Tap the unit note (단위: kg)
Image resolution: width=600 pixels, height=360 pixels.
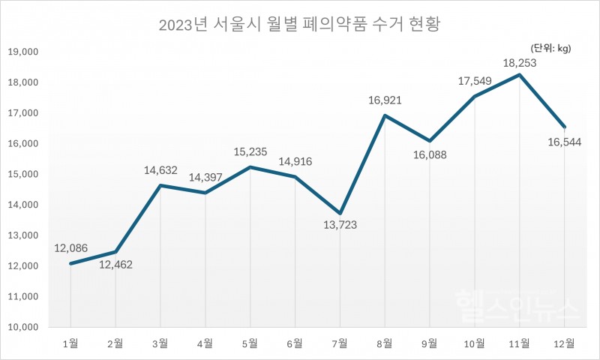[550, 49]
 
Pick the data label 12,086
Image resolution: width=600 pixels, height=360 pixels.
[71, 247]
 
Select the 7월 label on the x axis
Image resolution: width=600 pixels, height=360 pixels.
[340, 344]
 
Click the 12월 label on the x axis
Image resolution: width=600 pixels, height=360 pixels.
[564, 344]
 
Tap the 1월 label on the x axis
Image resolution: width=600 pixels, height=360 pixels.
[71, 344]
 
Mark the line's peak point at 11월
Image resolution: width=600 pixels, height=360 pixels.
[520, 75]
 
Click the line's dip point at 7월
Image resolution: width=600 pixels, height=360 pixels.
[340, 214]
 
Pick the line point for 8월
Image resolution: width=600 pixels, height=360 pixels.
[385, 115]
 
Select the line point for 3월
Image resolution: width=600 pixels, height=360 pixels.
[160, 185]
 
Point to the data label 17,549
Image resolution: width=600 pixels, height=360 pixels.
[475, 79]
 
